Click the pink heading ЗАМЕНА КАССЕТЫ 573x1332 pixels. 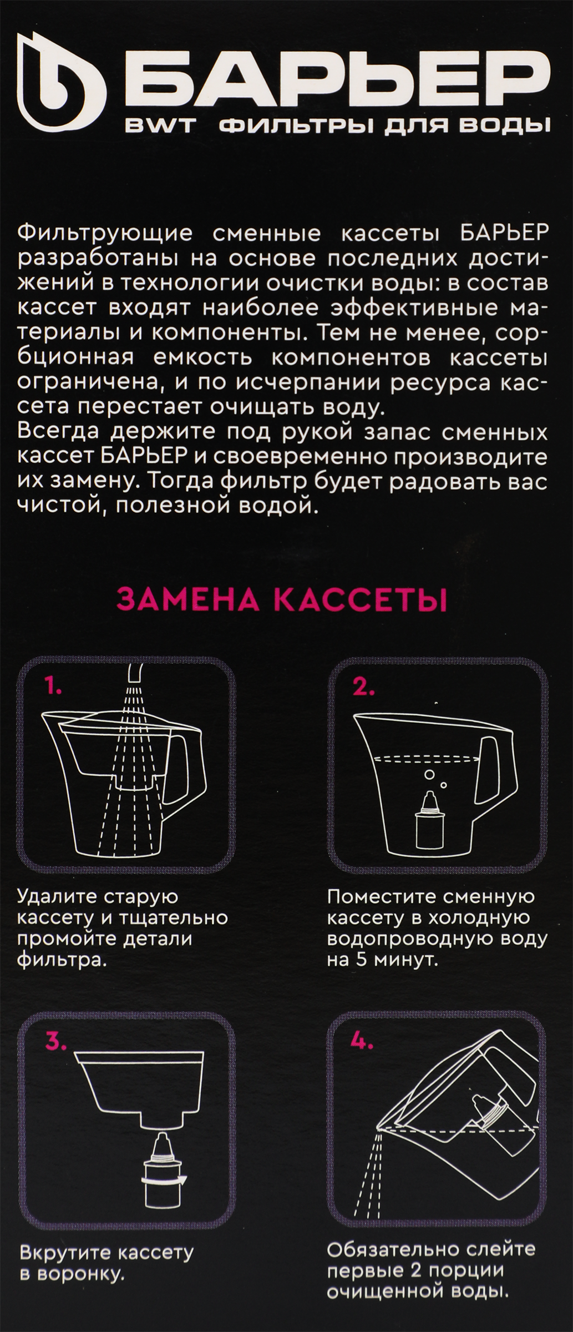coord(283,602)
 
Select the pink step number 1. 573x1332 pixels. coord(54,688)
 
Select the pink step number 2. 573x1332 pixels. coord(364,688)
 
